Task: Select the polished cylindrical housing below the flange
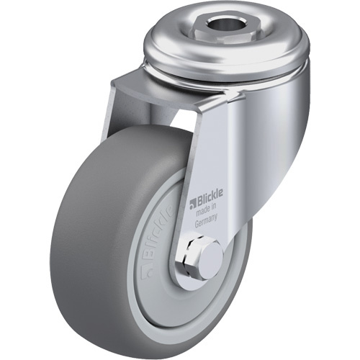pyautogui.click(x=274, y=101)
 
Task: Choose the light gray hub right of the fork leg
pyautogui.click(x=232, y=245)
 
